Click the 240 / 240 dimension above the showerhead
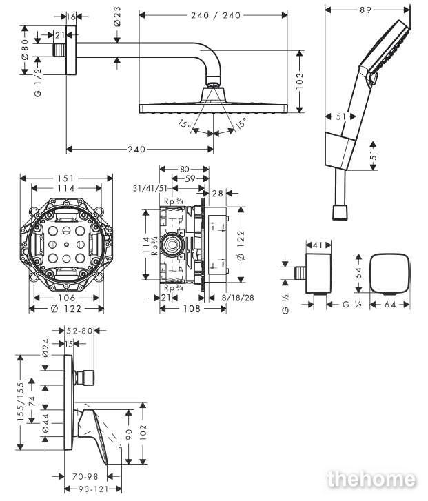click(216, 15)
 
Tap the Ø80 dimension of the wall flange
click(26, 50)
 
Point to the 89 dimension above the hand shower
click(365, 10)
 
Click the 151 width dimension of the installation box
click(65, 178)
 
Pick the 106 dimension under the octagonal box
click(66, 298)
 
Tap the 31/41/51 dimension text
click(150, 188)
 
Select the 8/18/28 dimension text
click(238, 298)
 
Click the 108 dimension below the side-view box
click(192, 309)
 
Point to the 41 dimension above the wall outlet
click(318, 245)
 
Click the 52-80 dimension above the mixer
click(79, 331)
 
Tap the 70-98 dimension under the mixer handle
click(85, 476)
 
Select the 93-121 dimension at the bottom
click(93, 489)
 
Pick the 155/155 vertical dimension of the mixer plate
click(21, 402)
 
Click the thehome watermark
click(371, 479)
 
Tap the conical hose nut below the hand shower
click(340, 212)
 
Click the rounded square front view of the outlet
click(389, 274)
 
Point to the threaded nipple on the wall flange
click(60, 50)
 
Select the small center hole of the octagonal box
click(66, 245)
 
